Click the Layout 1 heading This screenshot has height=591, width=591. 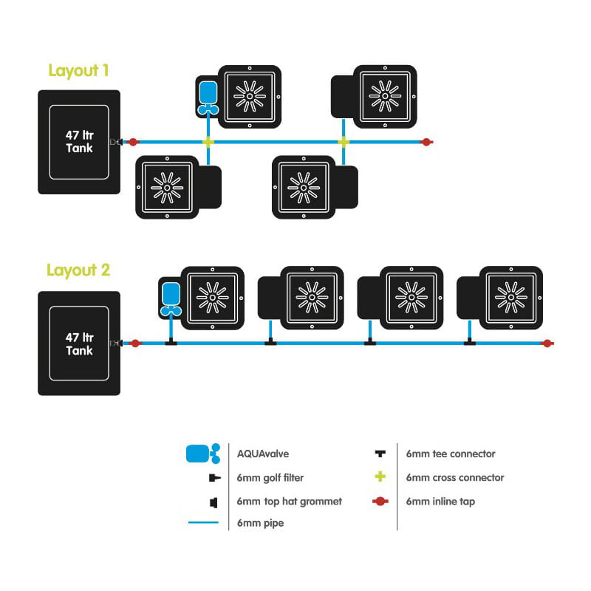click(78, 71)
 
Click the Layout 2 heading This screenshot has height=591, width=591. click(78, 270)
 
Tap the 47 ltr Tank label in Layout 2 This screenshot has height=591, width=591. click(78, 344)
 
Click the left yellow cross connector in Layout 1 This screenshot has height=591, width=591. click(208, 141)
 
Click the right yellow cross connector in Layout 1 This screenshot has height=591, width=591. click(343, 141)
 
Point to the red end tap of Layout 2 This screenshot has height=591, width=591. click(547, 343)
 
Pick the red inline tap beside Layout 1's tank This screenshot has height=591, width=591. click(133, 141)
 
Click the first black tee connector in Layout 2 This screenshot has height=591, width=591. click(171, 342)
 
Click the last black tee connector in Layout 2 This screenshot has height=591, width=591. click(468, 342)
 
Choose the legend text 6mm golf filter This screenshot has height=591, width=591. click(270, 478)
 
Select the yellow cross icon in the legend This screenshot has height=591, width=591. click(380, 477)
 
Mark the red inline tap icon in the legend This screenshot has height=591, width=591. click(380, 502)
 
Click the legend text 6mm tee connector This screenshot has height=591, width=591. click(450, 454)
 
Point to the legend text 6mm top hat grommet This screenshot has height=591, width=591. click(289, 502)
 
